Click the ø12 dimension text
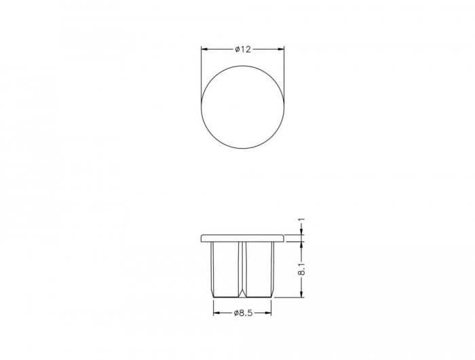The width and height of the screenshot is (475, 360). tap(243, 49)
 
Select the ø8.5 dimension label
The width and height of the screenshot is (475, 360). tap(243, 313)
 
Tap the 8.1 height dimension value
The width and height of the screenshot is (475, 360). tap(301, 269)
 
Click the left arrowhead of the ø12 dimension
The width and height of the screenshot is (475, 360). tap(204, 49)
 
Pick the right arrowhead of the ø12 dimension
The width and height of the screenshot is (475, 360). tap(282, 49)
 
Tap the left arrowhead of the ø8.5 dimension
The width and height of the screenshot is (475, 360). tap(216, 313)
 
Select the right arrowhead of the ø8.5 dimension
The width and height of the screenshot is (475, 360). tap(268, 313)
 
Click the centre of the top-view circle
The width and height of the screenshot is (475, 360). tap(243, 107)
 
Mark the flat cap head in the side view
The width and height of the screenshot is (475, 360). tap(243, 238)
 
